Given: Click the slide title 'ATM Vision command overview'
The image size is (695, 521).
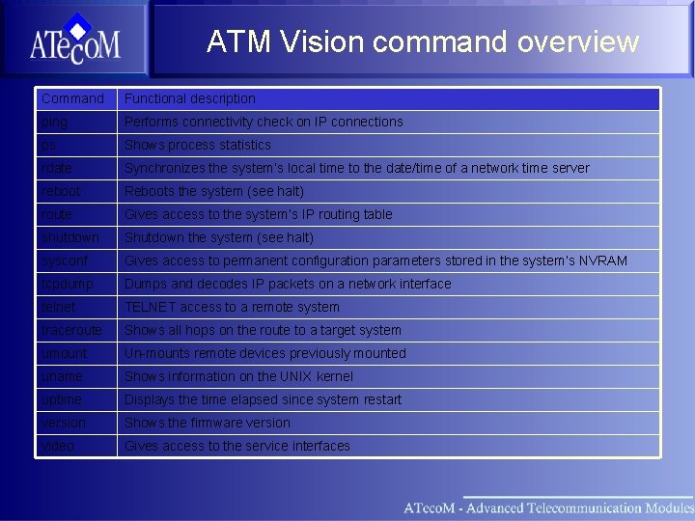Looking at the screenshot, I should coord(422,41).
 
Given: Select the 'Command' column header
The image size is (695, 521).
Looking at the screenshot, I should coord(72,98).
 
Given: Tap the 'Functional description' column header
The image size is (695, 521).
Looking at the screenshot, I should coord(190,98).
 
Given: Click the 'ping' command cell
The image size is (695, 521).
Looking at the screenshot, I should coord(55,122).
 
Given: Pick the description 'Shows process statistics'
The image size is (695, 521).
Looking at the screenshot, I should coord(198,145).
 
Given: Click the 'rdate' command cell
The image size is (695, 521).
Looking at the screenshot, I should coord(57,168).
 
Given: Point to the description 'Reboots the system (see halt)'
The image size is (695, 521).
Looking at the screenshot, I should coord(214,191).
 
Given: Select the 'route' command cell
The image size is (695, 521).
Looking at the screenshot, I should coord(57,214).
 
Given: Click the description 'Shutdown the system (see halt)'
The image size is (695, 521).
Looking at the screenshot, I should coord(219,237).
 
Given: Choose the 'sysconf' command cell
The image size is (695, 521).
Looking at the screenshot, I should coord(65,260).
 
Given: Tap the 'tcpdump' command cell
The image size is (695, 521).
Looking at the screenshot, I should coord(68,284).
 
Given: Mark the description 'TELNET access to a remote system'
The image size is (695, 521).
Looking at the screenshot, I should coord(232,307).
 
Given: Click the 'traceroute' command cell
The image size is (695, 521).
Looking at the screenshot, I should coord(71,330).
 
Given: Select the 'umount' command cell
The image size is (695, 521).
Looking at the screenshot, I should coord(64,353).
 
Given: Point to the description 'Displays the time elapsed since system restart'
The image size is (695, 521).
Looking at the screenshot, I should coord(263,399).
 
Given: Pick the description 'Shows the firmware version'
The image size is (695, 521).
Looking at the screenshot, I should coord(207,423).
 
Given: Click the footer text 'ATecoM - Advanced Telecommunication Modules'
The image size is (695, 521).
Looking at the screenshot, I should coord(547,507).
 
